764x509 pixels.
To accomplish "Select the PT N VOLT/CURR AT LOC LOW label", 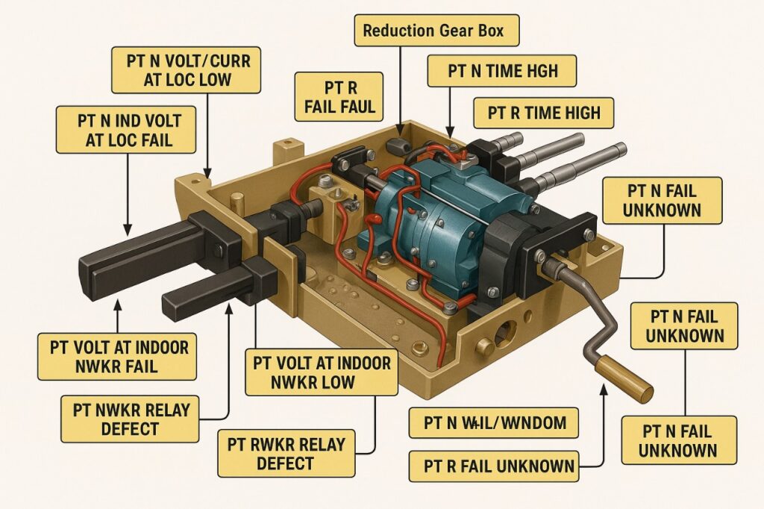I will tap(186, 69).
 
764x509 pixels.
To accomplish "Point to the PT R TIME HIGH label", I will tap(543, 113).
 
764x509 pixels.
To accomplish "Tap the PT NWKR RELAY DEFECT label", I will tap(131, 419).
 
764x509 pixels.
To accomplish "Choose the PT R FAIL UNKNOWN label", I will tap(495, 466).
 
